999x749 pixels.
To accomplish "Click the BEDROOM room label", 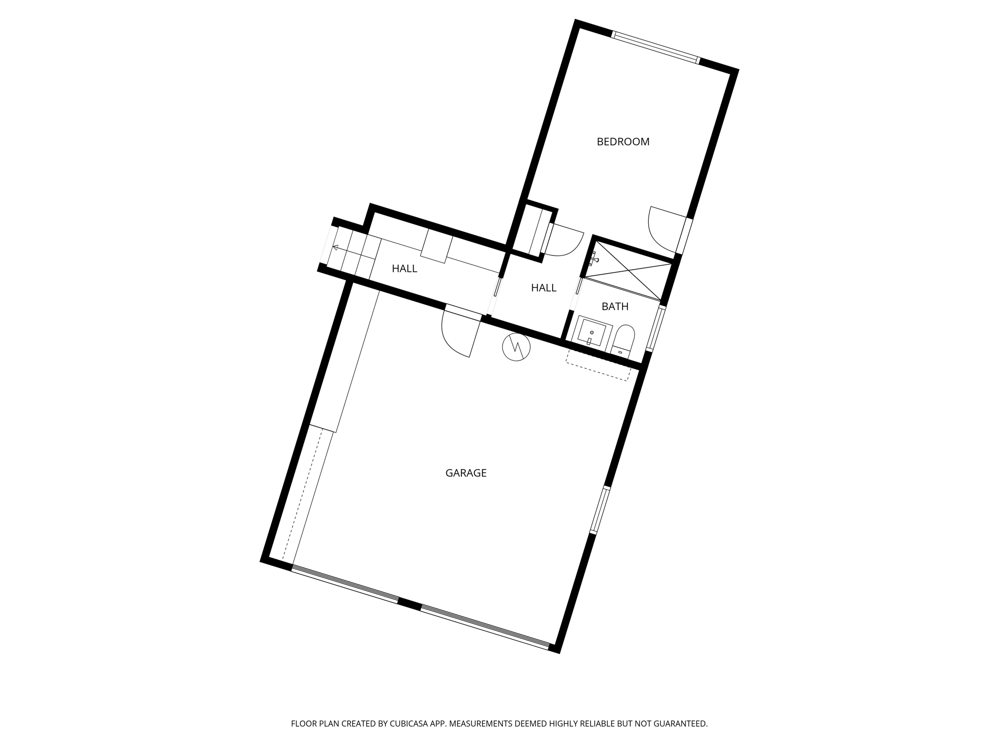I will click(x=623, y=142).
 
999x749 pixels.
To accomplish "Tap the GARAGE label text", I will click(x=466, y=473).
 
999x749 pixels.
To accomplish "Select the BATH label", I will click(x=615, y=307).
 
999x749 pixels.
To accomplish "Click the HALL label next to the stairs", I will click(x=404, y=269).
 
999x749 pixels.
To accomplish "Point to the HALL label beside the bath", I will click(x=543, y=288).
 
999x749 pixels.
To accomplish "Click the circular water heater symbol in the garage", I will click(x=516, y=347).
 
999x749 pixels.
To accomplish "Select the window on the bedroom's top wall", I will click(x=656, y=47).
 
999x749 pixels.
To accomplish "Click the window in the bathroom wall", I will click(x=656, y=329).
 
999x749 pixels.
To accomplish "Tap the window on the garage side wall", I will click(x=600, y=510).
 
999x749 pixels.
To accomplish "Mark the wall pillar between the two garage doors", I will click(x=409, y=604).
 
